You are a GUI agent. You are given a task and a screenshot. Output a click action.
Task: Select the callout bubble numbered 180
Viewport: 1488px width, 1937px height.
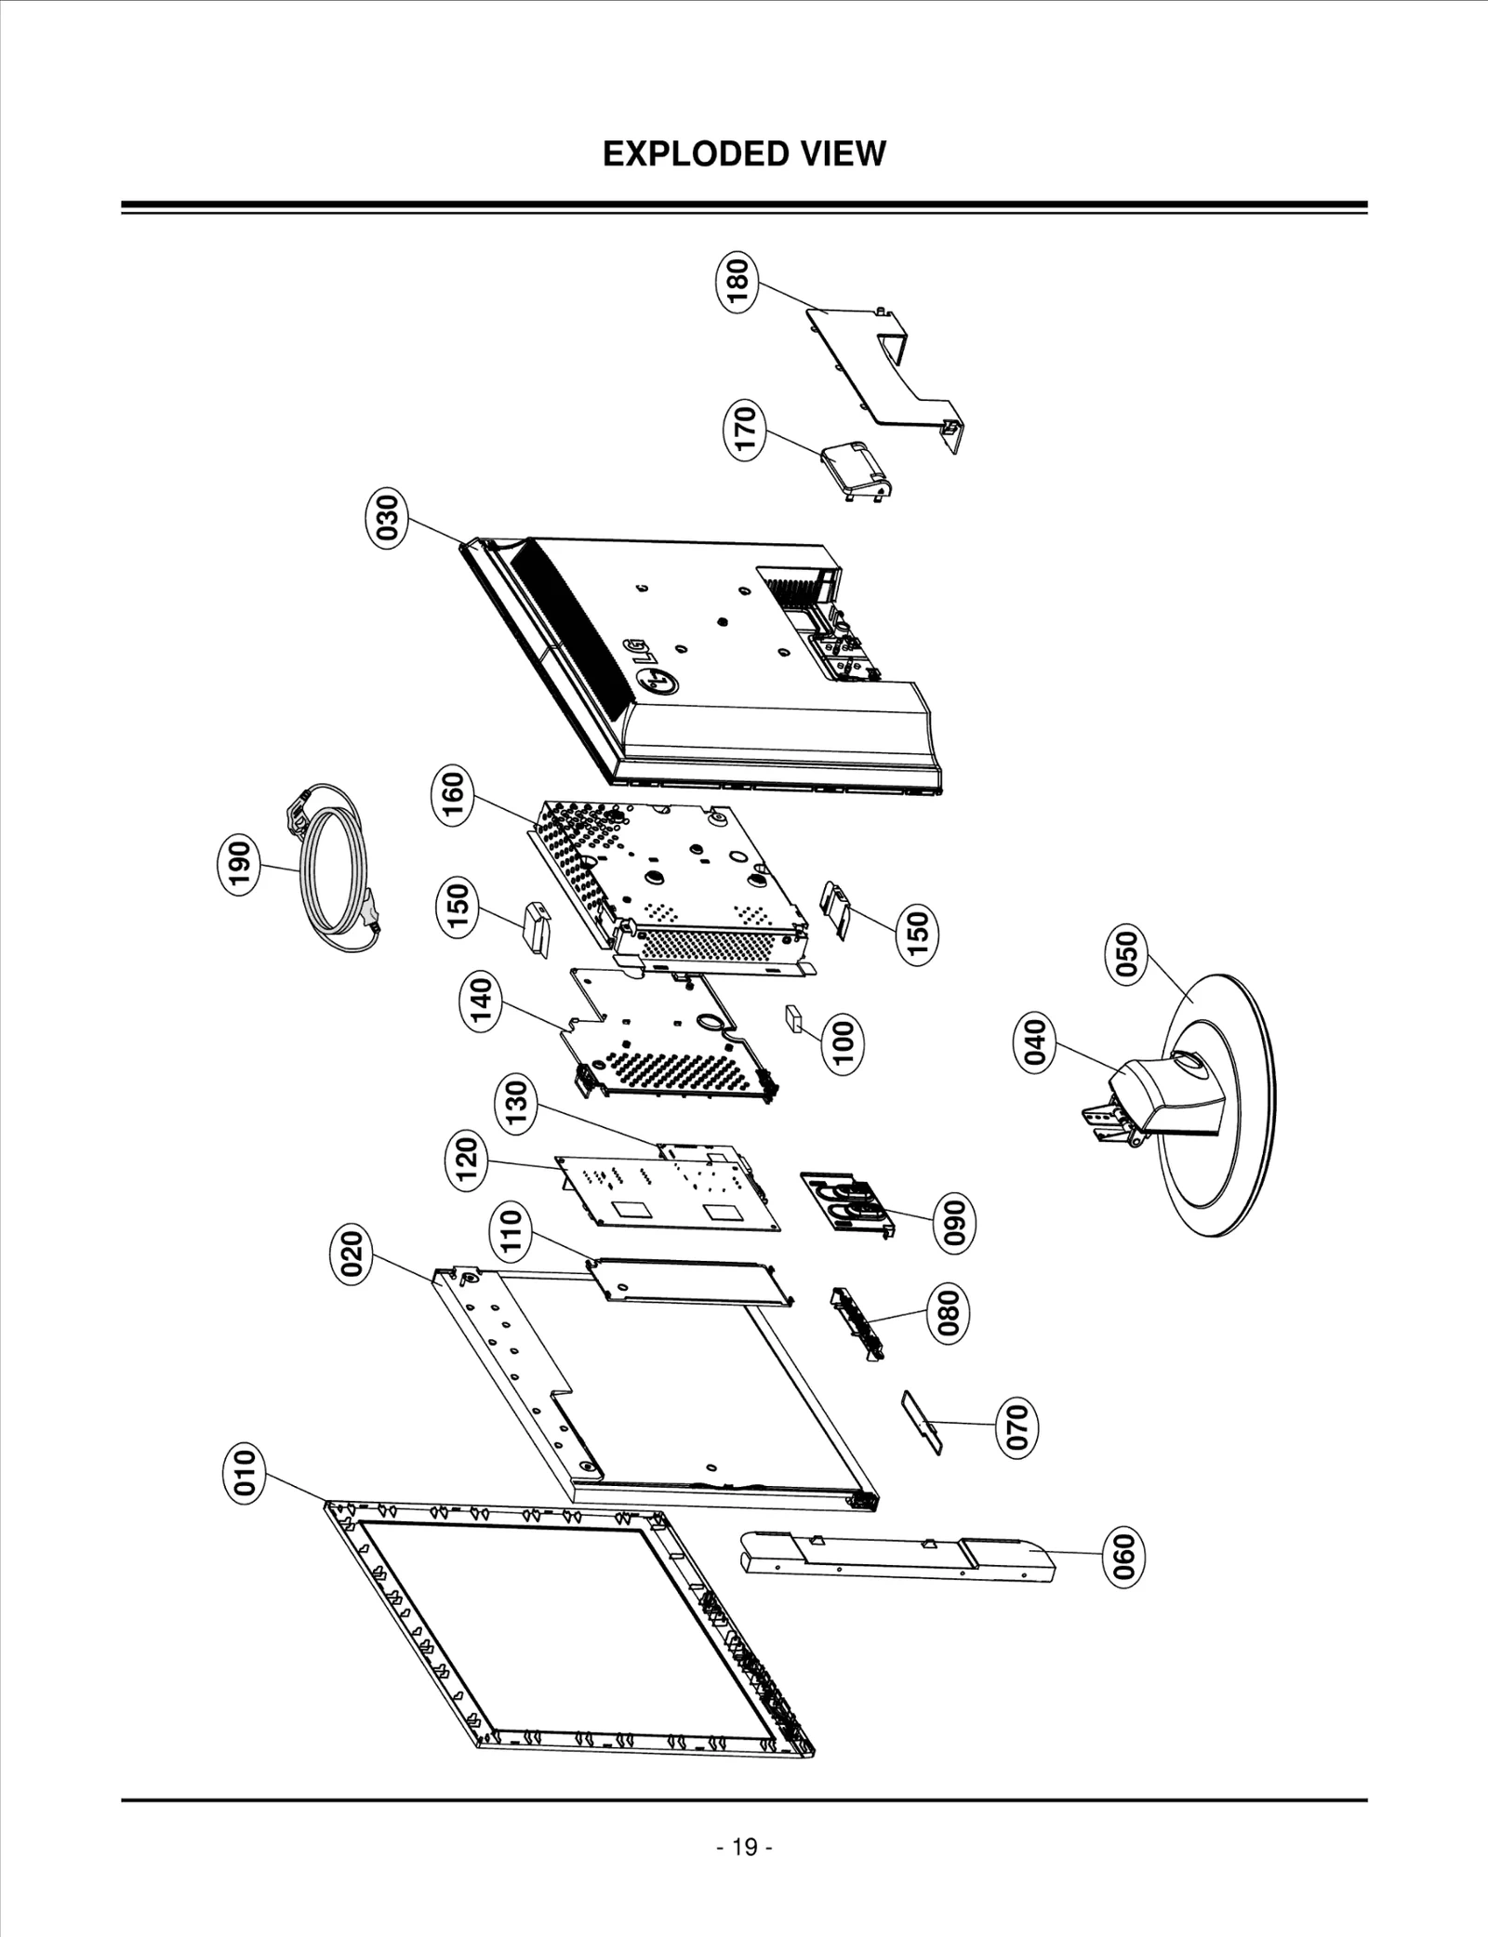click(737, 283)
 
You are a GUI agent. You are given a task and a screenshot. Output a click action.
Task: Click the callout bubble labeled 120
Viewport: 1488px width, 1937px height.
click(468, 1161)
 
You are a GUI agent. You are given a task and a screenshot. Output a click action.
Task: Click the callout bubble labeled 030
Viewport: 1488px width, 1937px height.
click(386, 517)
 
